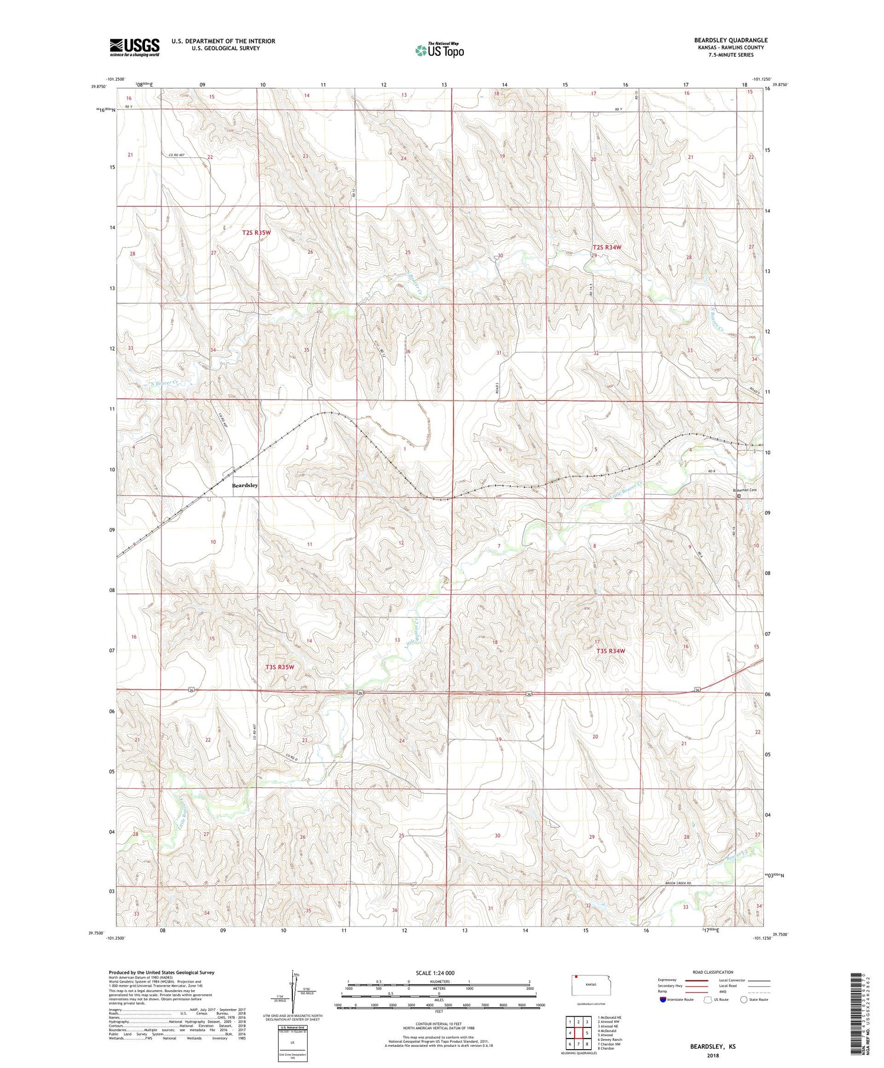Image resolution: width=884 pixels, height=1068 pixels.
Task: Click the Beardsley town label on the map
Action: pyautogui.click(x=245, y=485)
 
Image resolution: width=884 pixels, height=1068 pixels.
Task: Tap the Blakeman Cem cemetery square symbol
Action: pyautogui.click(x=740, y=496)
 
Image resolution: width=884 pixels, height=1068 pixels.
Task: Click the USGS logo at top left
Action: pyautogui.click(x=134, y=47)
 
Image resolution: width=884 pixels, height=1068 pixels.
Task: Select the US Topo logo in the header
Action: pyautogui.click(x=439, y=51)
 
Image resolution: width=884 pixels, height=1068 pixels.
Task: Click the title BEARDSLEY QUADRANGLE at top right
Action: pyautogui.click(x=730, y=40)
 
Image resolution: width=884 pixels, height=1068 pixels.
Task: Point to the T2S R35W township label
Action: pyautogui.click(x=256, y=233)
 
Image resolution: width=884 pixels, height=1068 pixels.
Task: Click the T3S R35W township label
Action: pyautogui.click(x=279, y=667)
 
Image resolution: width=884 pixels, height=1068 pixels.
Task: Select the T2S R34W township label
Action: pyautogui.click(x=607, y=247)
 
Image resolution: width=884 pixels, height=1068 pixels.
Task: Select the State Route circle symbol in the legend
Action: pyautogui.click(x=744, y=1000)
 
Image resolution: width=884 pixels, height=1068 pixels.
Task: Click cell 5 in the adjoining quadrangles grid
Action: pyautogui.click(x=587, y=1033)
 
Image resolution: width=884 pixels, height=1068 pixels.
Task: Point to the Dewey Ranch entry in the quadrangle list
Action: pyautogui.click(x=609, y=1040)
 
